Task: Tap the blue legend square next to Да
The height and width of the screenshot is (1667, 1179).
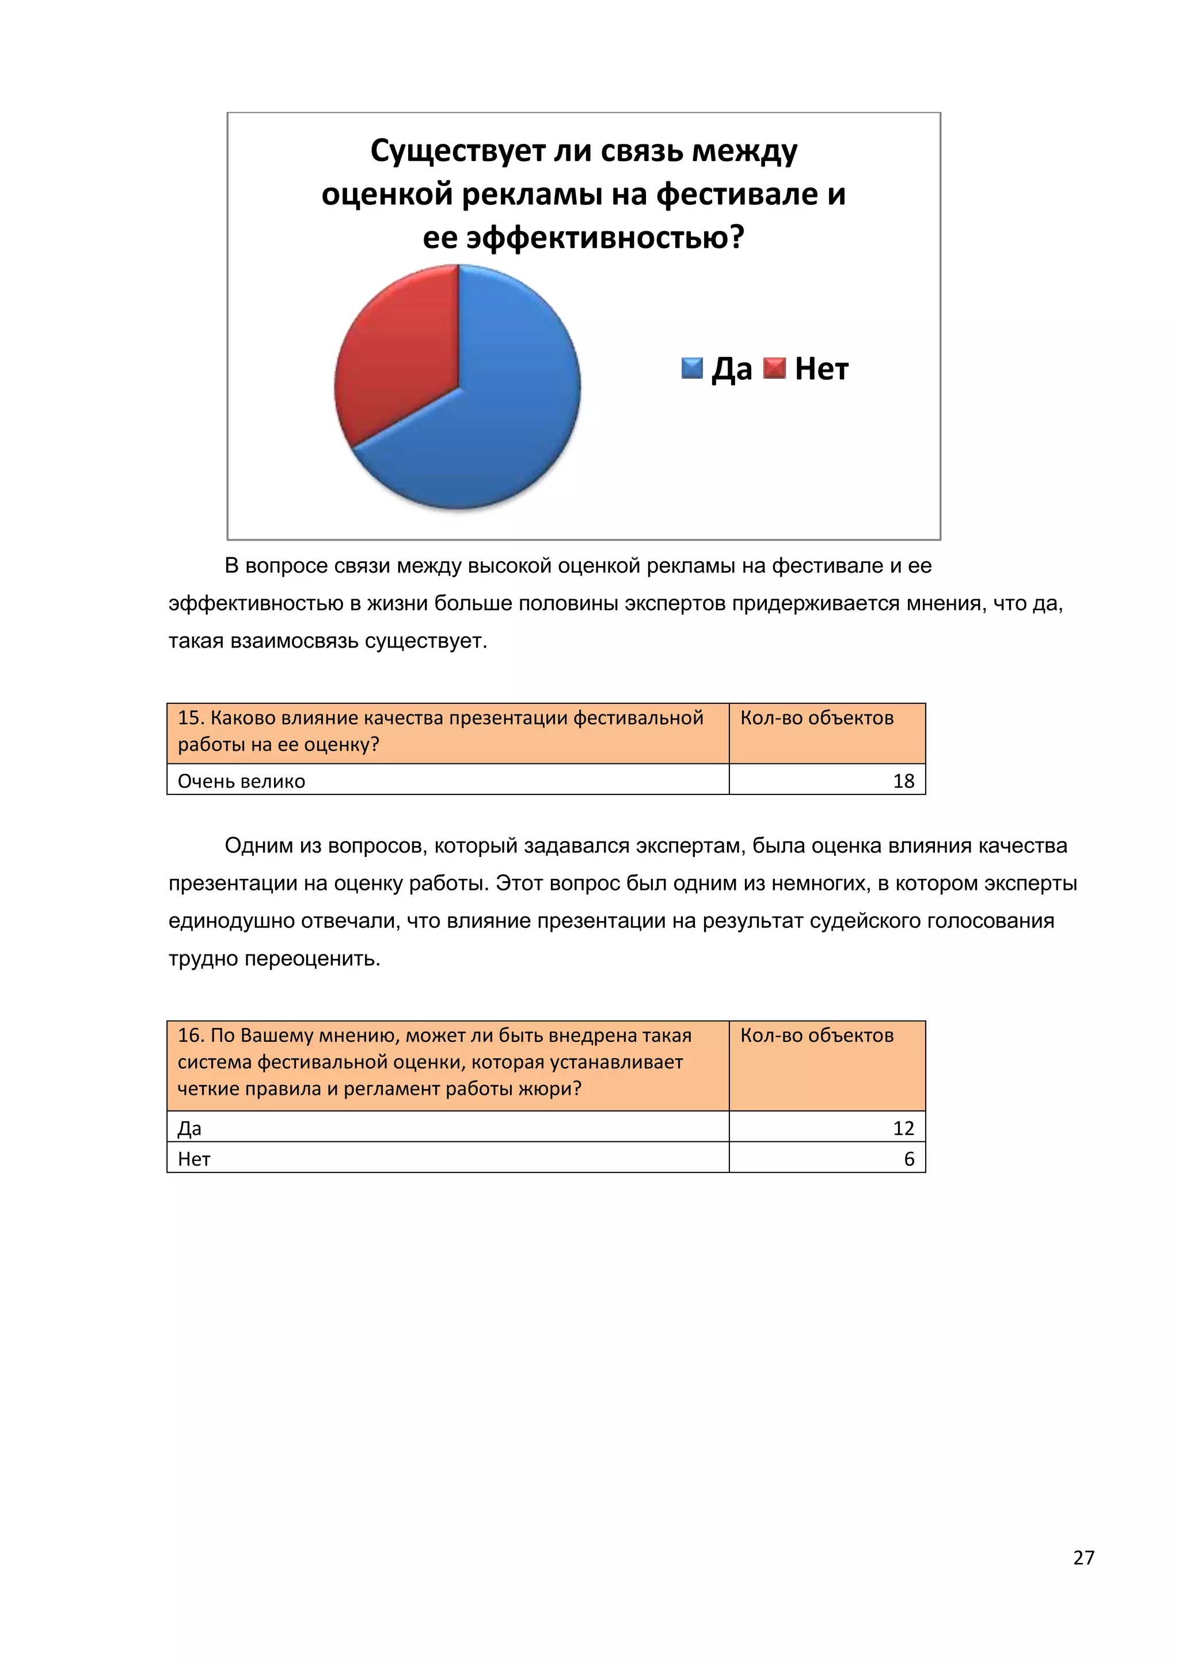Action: [692, 368]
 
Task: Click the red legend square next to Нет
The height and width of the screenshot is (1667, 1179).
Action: [775, 368]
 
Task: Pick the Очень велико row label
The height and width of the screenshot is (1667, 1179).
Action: [241, 781]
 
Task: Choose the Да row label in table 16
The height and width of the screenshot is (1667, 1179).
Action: [189, 1128]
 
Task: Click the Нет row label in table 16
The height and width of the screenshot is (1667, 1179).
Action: [194, 1159]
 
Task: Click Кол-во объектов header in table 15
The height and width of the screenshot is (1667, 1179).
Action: [817, 718]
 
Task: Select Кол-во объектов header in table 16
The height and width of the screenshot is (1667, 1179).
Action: [817, 1036]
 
